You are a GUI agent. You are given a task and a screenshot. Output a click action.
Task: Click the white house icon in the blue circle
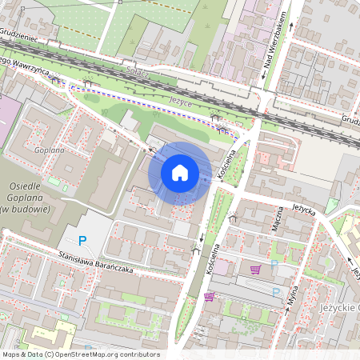(x=180, y=172)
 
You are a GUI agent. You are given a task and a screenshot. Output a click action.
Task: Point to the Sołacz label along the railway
(x=138, y=71)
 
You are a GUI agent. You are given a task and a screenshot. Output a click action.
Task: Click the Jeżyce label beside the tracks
(x=181, y=101)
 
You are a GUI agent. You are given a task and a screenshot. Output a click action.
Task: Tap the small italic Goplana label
(x=49, y=149)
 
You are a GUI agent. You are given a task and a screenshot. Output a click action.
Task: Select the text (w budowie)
(x=26, y=208)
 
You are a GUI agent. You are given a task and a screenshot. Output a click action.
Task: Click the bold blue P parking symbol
(x=82, y=240)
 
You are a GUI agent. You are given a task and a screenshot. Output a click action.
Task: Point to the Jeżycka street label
(x=304, y=206)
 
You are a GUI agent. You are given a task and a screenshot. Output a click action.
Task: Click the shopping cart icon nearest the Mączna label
(x=255, y=269)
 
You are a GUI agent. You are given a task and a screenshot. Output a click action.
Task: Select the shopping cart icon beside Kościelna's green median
(x=209, y=297)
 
